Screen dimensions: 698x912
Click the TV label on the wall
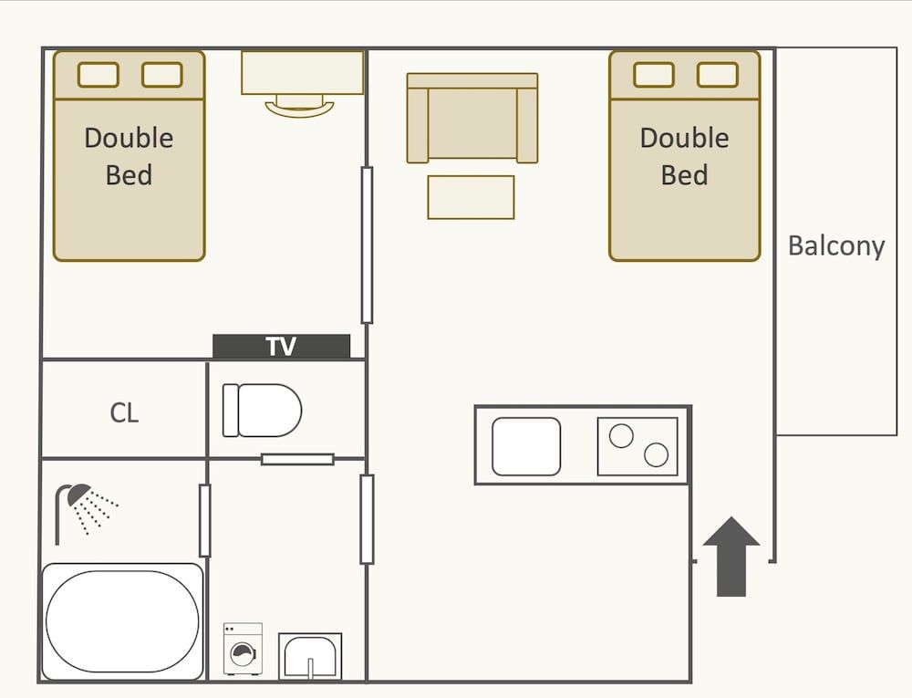[x=281, y=347]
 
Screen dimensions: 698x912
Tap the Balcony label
[x=835, y=246]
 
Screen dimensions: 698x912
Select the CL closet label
[x=124, y=412]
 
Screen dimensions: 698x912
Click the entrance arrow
[x=731, y=557]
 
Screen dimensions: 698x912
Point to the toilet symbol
[x=262, y=411]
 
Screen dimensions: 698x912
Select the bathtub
[x=122, y=620]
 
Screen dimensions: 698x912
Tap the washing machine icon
[x=243, y=649]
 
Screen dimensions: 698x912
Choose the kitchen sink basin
[x=526, y=446]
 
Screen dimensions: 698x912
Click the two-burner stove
[x=637, y=446]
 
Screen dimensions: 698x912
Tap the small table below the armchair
[x=471, y=197]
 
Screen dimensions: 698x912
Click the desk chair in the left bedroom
[x=300, y=107]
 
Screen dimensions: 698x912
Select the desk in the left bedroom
[x=302, y=73]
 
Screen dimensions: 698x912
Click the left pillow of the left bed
[x=98, y=75]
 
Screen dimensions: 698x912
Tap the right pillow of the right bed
[x=717, y=75]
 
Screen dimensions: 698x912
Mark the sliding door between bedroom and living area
[x=367, y=245]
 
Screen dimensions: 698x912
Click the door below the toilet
[x=297, y=459]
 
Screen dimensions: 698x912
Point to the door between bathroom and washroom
[x=204, y=520]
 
